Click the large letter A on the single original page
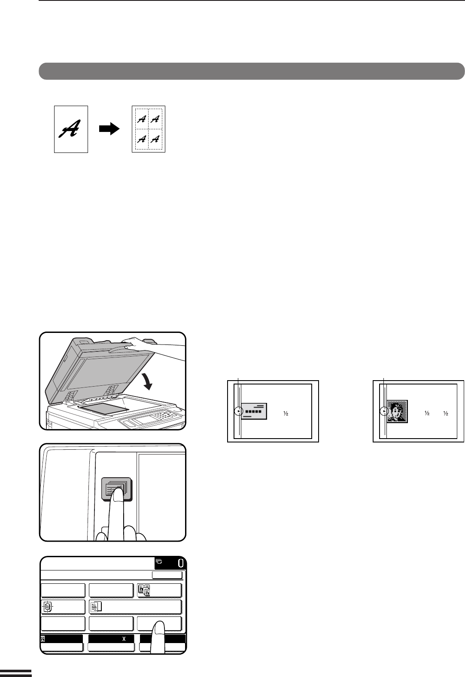70,129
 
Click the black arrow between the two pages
109,129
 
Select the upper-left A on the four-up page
142,119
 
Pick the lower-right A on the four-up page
155,139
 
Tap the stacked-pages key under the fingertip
116,489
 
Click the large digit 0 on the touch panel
181,564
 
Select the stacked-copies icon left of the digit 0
159,561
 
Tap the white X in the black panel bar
124,639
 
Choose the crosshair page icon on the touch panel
47,607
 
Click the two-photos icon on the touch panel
144,590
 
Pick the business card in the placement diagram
254,411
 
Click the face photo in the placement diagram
397,412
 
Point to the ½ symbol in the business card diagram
286,413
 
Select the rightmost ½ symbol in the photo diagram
446,413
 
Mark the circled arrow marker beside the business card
239,411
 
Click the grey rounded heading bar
252,71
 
